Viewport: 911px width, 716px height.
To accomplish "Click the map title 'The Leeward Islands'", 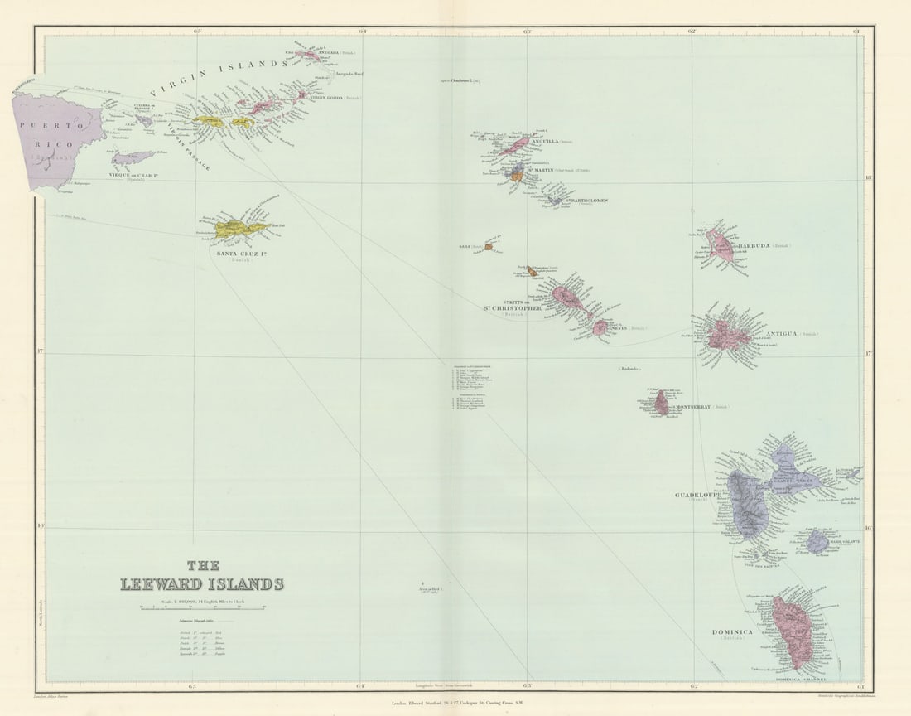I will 202,577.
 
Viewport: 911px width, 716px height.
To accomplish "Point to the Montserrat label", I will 694,407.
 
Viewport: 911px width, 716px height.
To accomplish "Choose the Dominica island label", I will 732,632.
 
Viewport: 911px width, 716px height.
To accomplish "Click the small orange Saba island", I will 489,246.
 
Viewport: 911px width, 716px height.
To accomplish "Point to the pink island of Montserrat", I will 662,404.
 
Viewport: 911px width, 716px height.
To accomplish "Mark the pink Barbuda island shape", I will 721,246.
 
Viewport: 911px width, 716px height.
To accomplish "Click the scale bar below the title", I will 202,607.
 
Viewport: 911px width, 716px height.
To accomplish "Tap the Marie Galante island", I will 817,542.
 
